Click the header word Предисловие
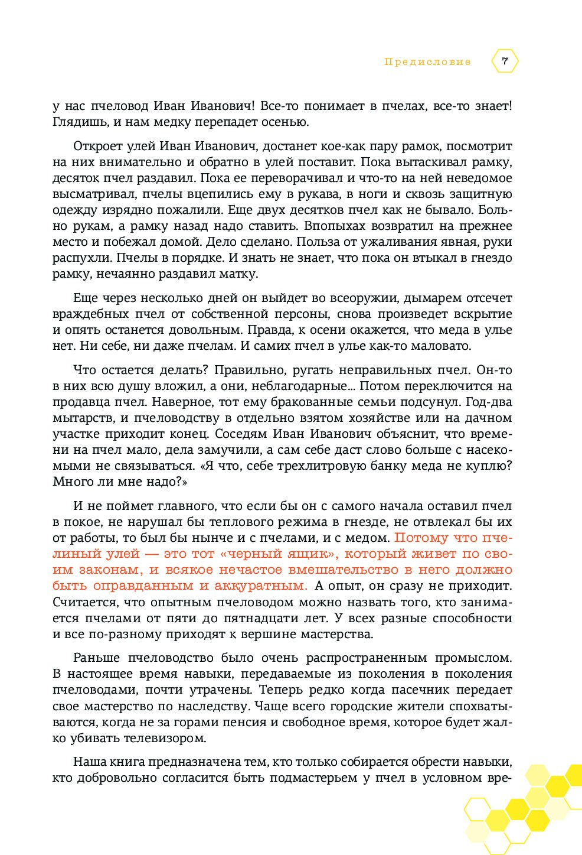point(427,61)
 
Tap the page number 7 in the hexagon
point(504,61)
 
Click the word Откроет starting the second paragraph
point(96,146)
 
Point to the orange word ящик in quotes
point(314,554)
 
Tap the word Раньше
point(96,658)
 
